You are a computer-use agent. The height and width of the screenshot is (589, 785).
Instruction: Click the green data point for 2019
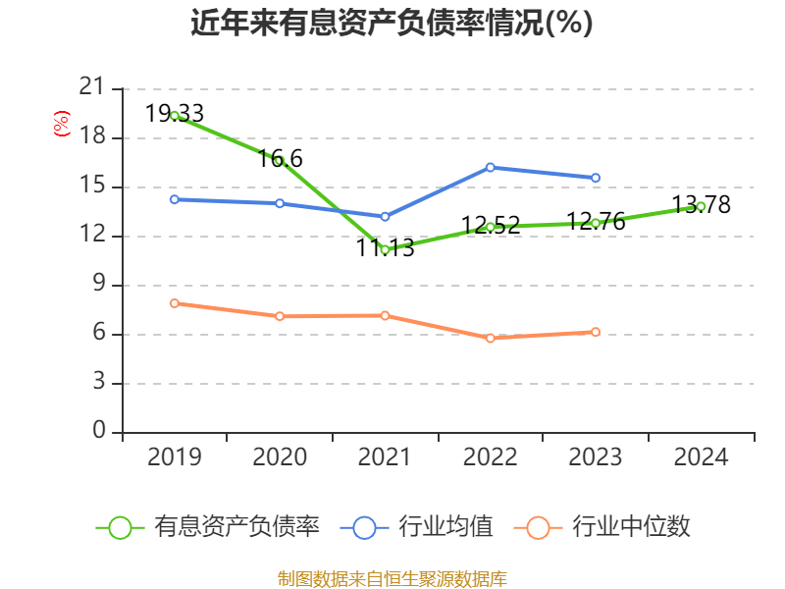click(175, 116)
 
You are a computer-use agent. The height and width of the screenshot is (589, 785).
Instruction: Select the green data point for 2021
click(385, 250)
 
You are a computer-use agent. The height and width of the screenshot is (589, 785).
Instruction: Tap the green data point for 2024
click(701, 206)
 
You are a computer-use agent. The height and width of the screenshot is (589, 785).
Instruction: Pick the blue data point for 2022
click(490, 167)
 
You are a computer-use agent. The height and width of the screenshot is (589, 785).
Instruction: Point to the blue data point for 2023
click(596, 178)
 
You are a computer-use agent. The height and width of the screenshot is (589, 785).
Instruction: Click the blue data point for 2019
click(175, 199)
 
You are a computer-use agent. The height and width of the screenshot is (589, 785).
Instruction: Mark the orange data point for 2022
click(490, 338)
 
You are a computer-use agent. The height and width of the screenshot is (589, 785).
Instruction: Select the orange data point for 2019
click(175, 303)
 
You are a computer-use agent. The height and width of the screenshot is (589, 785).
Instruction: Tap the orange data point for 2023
click(596, 332)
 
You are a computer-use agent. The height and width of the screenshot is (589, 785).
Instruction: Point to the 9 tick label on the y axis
click(98, 285)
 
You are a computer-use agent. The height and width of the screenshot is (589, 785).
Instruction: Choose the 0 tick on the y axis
click(98, 432)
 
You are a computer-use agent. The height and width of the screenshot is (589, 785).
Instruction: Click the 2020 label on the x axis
click(280, 457)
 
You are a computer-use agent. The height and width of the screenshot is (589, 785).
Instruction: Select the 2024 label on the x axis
click(701, 457)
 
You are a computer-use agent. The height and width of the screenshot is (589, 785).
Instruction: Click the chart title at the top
click(392, 23)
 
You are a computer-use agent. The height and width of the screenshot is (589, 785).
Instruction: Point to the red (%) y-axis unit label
click(61, 125)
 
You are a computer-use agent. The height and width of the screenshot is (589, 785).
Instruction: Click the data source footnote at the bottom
click(392, 578)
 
